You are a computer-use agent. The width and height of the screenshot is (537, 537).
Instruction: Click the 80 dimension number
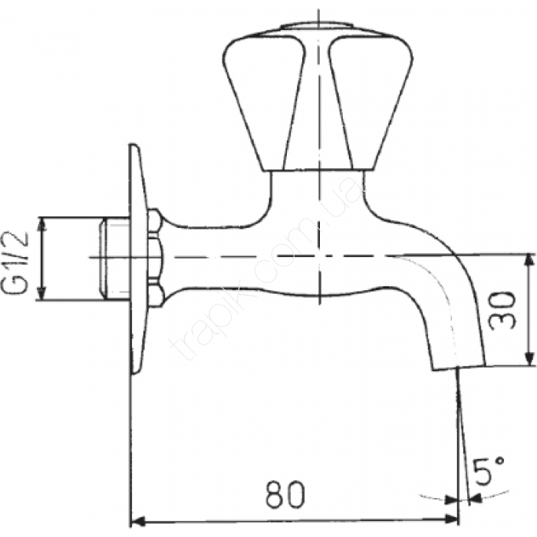(285, 495)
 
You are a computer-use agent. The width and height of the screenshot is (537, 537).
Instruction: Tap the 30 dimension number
(502, 310)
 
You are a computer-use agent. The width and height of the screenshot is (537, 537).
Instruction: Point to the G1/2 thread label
(16, 262)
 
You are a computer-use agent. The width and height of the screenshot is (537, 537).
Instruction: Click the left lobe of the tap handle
(262, 103)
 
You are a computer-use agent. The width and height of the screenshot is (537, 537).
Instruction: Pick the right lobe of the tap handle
(371, 103)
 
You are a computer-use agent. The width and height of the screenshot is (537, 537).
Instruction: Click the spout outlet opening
(459, 367)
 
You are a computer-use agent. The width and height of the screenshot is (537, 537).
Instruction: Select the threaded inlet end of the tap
(114, 259)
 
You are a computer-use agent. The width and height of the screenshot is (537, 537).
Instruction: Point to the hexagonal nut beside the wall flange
(156, 258)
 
